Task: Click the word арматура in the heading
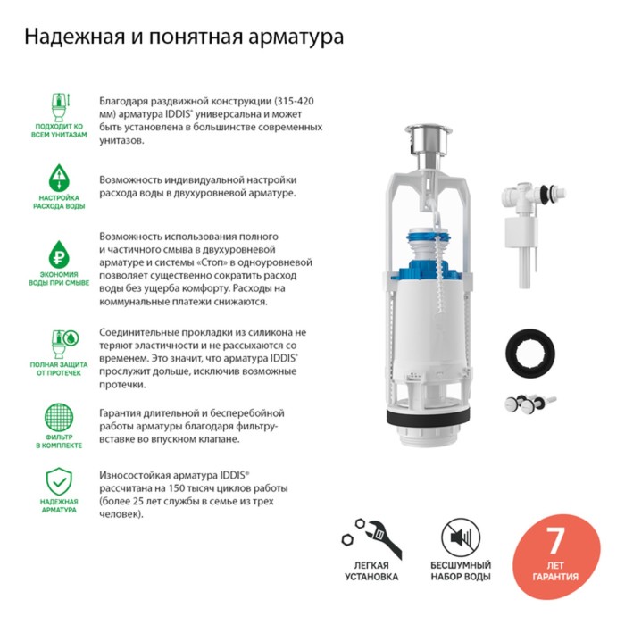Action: coord(296,37)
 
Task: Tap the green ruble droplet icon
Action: coord(59,254)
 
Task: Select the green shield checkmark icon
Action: coord(59,481)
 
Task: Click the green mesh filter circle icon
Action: coord(59,417)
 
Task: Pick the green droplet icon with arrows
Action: coord(59,178)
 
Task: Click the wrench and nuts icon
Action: coord(371,538)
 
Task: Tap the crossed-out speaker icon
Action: coord(461,537)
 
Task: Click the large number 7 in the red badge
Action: coord(555,541)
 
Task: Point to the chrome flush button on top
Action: coord(429,138)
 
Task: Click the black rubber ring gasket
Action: coord(530,353)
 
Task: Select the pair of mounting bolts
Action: coord(530,404)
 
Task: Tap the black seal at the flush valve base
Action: coord(429,417)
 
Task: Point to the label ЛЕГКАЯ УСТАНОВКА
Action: coord(371,571)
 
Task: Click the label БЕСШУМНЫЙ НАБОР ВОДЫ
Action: coord(461,571)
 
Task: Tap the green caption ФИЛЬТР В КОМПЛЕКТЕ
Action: coord(59,441)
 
